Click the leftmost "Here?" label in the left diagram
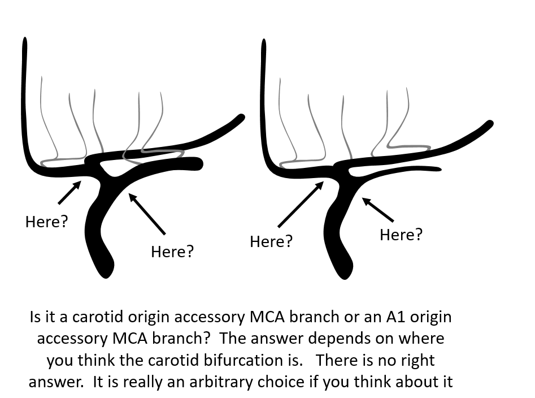[x=47, y=222]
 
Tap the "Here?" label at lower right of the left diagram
[x=172, y=252]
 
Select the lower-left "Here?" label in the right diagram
[x=271, y=241]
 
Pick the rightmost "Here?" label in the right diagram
[x=401, y=235]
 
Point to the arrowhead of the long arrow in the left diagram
[x=132, y=197]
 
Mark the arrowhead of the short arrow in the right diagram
[x=366, y=201]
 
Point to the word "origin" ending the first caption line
[x=431, y=318]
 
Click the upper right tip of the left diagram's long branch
[x=241, y=118]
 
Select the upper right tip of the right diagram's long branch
[x=490, y=124]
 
